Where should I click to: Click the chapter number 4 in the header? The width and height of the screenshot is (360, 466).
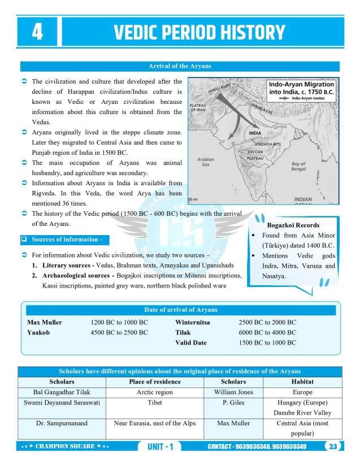[x=37, y=32]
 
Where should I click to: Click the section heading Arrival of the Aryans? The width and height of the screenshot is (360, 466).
[x=180, y=66]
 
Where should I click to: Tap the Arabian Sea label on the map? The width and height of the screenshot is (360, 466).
[x=206, y=163]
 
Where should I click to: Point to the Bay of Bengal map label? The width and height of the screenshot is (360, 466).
[x=298, y=167]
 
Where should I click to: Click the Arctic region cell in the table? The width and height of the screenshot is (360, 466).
[x=155, y=392]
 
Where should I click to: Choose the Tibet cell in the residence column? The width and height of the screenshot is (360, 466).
[x=155, y=403]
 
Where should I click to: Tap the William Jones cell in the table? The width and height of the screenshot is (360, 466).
[x=233, y=392]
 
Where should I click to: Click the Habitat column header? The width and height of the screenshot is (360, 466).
[x=302, y=381]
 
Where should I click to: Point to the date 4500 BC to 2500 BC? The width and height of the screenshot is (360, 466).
[x=119, y=333]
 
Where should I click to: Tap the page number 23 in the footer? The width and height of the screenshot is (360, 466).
[x=333, y=447]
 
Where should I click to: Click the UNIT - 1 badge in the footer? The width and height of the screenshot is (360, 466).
[x=161, y=447]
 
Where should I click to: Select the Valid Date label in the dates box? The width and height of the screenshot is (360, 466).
[x=191, y=343]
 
